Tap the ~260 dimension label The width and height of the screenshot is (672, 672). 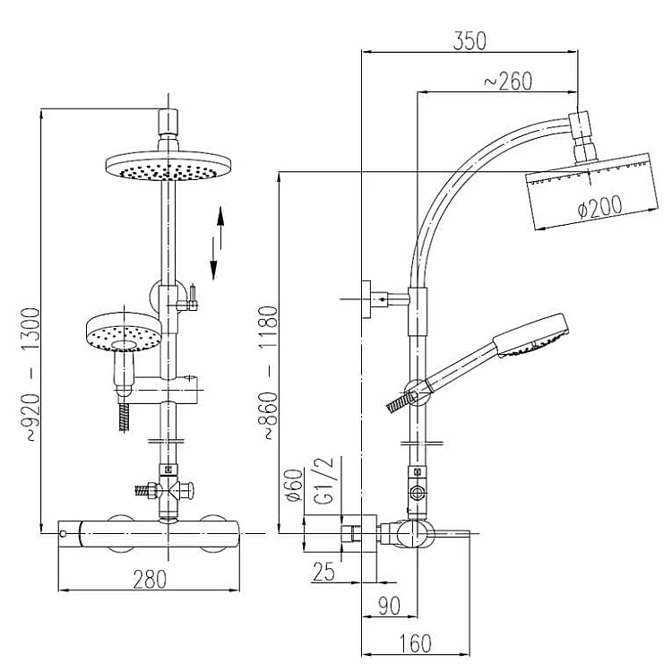click(508, 81)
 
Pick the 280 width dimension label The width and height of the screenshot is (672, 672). click(150, 579)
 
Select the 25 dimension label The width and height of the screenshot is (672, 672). click(324, 571)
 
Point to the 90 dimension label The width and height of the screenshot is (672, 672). click(388, 607)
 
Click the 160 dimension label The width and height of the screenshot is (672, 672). click(413, 642)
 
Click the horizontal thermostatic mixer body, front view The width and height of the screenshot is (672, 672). click(150, 533)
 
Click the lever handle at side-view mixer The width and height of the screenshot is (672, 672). click(452, 536)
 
